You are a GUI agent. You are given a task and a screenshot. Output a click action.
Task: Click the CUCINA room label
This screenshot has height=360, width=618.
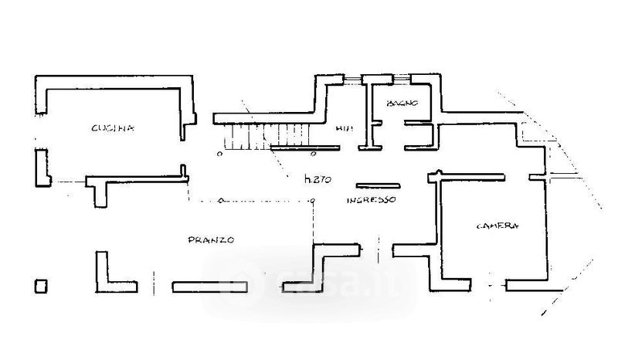113,128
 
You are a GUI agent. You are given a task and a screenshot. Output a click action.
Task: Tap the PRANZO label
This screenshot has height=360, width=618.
211,240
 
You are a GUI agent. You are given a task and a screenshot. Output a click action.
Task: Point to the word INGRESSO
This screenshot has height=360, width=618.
371,199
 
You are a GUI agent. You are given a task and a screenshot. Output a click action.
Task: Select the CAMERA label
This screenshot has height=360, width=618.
497,226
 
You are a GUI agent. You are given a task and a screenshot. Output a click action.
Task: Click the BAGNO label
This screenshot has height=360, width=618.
402,103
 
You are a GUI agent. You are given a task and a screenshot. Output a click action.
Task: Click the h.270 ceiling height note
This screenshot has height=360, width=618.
317,180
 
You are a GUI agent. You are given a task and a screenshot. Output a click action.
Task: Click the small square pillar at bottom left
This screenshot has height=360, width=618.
40,285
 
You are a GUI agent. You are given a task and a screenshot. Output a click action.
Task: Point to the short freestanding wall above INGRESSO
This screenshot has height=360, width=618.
378,185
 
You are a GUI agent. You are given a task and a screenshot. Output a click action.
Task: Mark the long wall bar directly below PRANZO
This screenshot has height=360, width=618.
209,287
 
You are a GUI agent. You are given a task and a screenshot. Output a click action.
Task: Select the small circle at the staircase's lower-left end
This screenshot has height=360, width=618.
219,153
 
